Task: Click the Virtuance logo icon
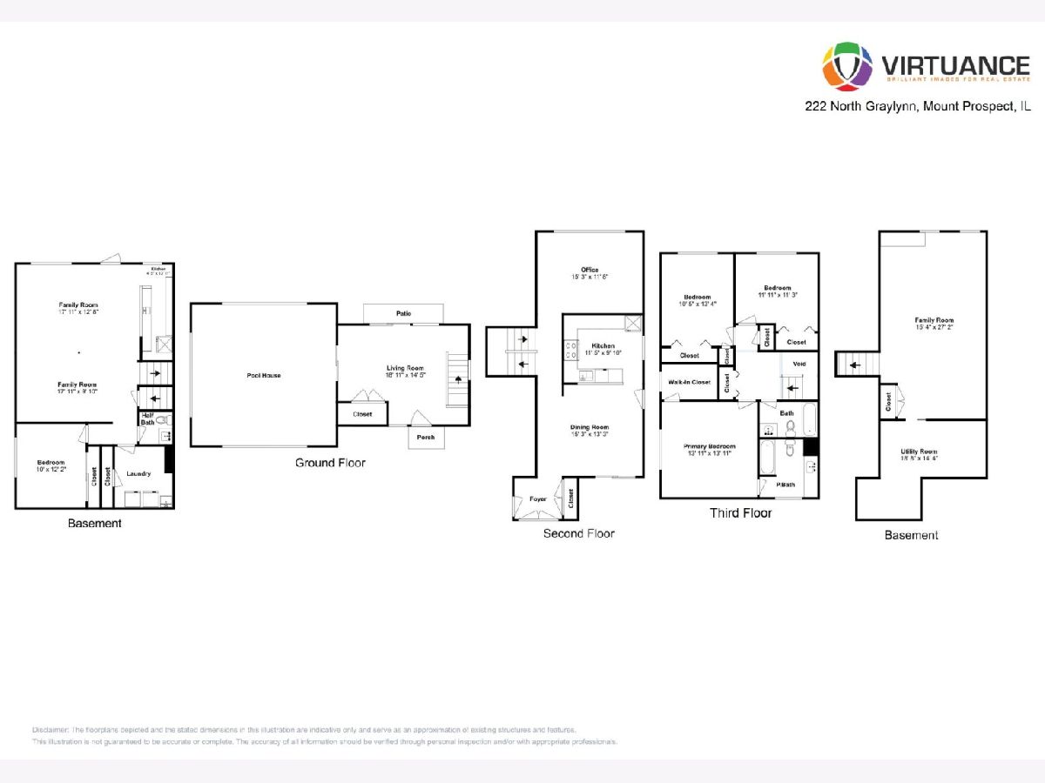pyautogui.click(x=847, y=66)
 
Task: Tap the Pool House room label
pyautogui.click(x=263, y=376)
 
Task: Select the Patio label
pyautogui.click(x=404, y=313)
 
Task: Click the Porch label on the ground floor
pyautogui.click(x=425, y=437)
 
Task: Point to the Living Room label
pyautogui.click(x=405, y=368)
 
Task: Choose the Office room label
pyautogui.click(x=590, y=270)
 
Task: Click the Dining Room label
pyautogui.click(x=590, y=427)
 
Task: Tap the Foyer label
pyautogui.click(x=538, y=499)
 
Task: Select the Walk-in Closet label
pyautogui.click(x=689, y=382)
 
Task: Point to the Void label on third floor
pyautogui.click(x=799, y=363)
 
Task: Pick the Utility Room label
pyautogui.click(x=919, y=452)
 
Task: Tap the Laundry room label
pyautogui.click(x=138, y=473)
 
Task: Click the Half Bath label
pyautogui.click(x=147, y=419)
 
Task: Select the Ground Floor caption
pyautogui.click(x=330, y=463)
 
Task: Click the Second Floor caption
pyautogui.click(x=578, y=533)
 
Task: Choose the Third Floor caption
pyautogui.click(x=740, y=513)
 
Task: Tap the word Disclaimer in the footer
pyautogui.click(x=51, y=729)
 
